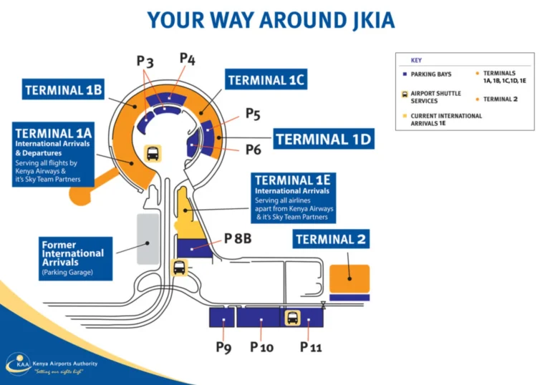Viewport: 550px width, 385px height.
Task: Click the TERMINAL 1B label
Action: point(64,90)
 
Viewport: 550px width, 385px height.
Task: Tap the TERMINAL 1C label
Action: point(266,80)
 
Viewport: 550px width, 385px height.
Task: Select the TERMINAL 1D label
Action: point(324,138)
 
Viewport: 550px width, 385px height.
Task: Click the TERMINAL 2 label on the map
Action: point(331,239)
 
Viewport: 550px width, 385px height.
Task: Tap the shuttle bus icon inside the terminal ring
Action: point(153,153)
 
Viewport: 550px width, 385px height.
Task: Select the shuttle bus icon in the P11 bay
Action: point(292,317)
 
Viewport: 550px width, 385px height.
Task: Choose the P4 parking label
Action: point(188,58)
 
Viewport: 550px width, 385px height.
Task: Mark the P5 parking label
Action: point(253,113)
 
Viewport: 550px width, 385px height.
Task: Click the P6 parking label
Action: point(253,150)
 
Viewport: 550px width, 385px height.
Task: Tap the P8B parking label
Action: point(237,238)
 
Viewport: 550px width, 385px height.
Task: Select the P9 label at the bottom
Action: point(224,347)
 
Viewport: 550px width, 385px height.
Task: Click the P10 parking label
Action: point(262,347)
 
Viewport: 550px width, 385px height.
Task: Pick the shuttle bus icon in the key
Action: point(405,94)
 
